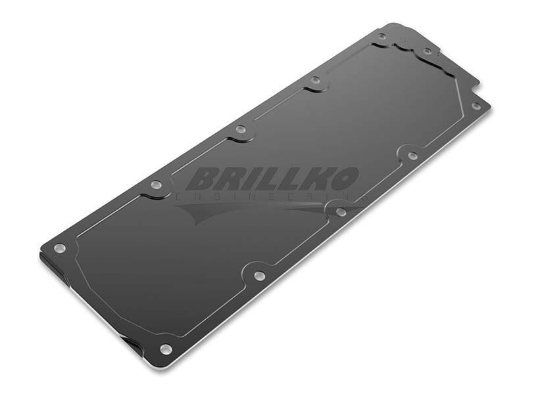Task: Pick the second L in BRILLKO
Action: click(292, 179)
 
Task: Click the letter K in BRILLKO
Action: click(316, 179)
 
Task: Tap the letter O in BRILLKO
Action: click(342, 179)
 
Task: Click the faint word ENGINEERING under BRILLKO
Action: click(272, 197)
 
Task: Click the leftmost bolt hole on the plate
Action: click(59, 248)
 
